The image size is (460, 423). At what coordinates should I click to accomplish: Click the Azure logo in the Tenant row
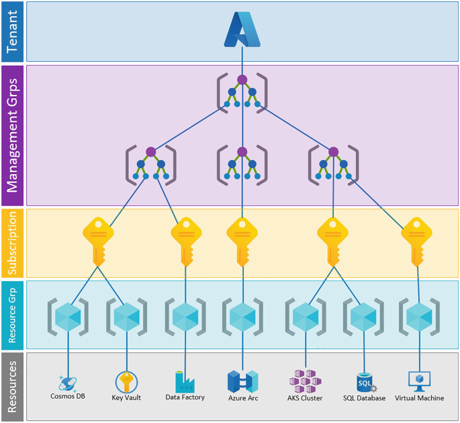(242, 30)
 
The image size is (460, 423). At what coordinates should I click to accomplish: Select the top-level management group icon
(242, 91)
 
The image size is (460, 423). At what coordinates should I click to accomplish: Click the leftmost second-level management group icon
(150, 165)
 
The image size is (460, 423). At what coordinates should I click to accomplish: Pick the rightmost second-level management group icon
(333, 165)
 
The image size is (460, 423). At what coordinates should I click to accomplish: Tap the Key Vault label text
(126, 398)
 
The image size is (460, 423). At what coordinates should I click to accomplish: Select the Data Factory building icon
(185, 381)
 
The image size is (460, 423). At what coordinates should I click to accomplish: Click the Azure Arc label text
(242, 398)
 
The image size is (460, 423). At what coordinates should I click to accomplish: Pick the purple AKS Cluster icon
(306, 381)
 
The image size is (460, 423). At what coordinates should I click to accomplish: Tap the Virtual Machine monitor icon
(419, 381)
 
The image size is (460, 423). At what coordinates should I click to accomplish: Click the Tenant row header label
(13, 32)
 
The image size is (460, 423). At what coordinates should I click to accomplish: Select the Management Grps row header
(13, 135)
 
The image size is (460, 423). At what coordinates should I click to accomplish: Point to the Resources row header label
(13, 387)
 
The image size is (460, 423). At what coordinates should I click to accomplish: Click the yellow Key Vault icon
(126, 382)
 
